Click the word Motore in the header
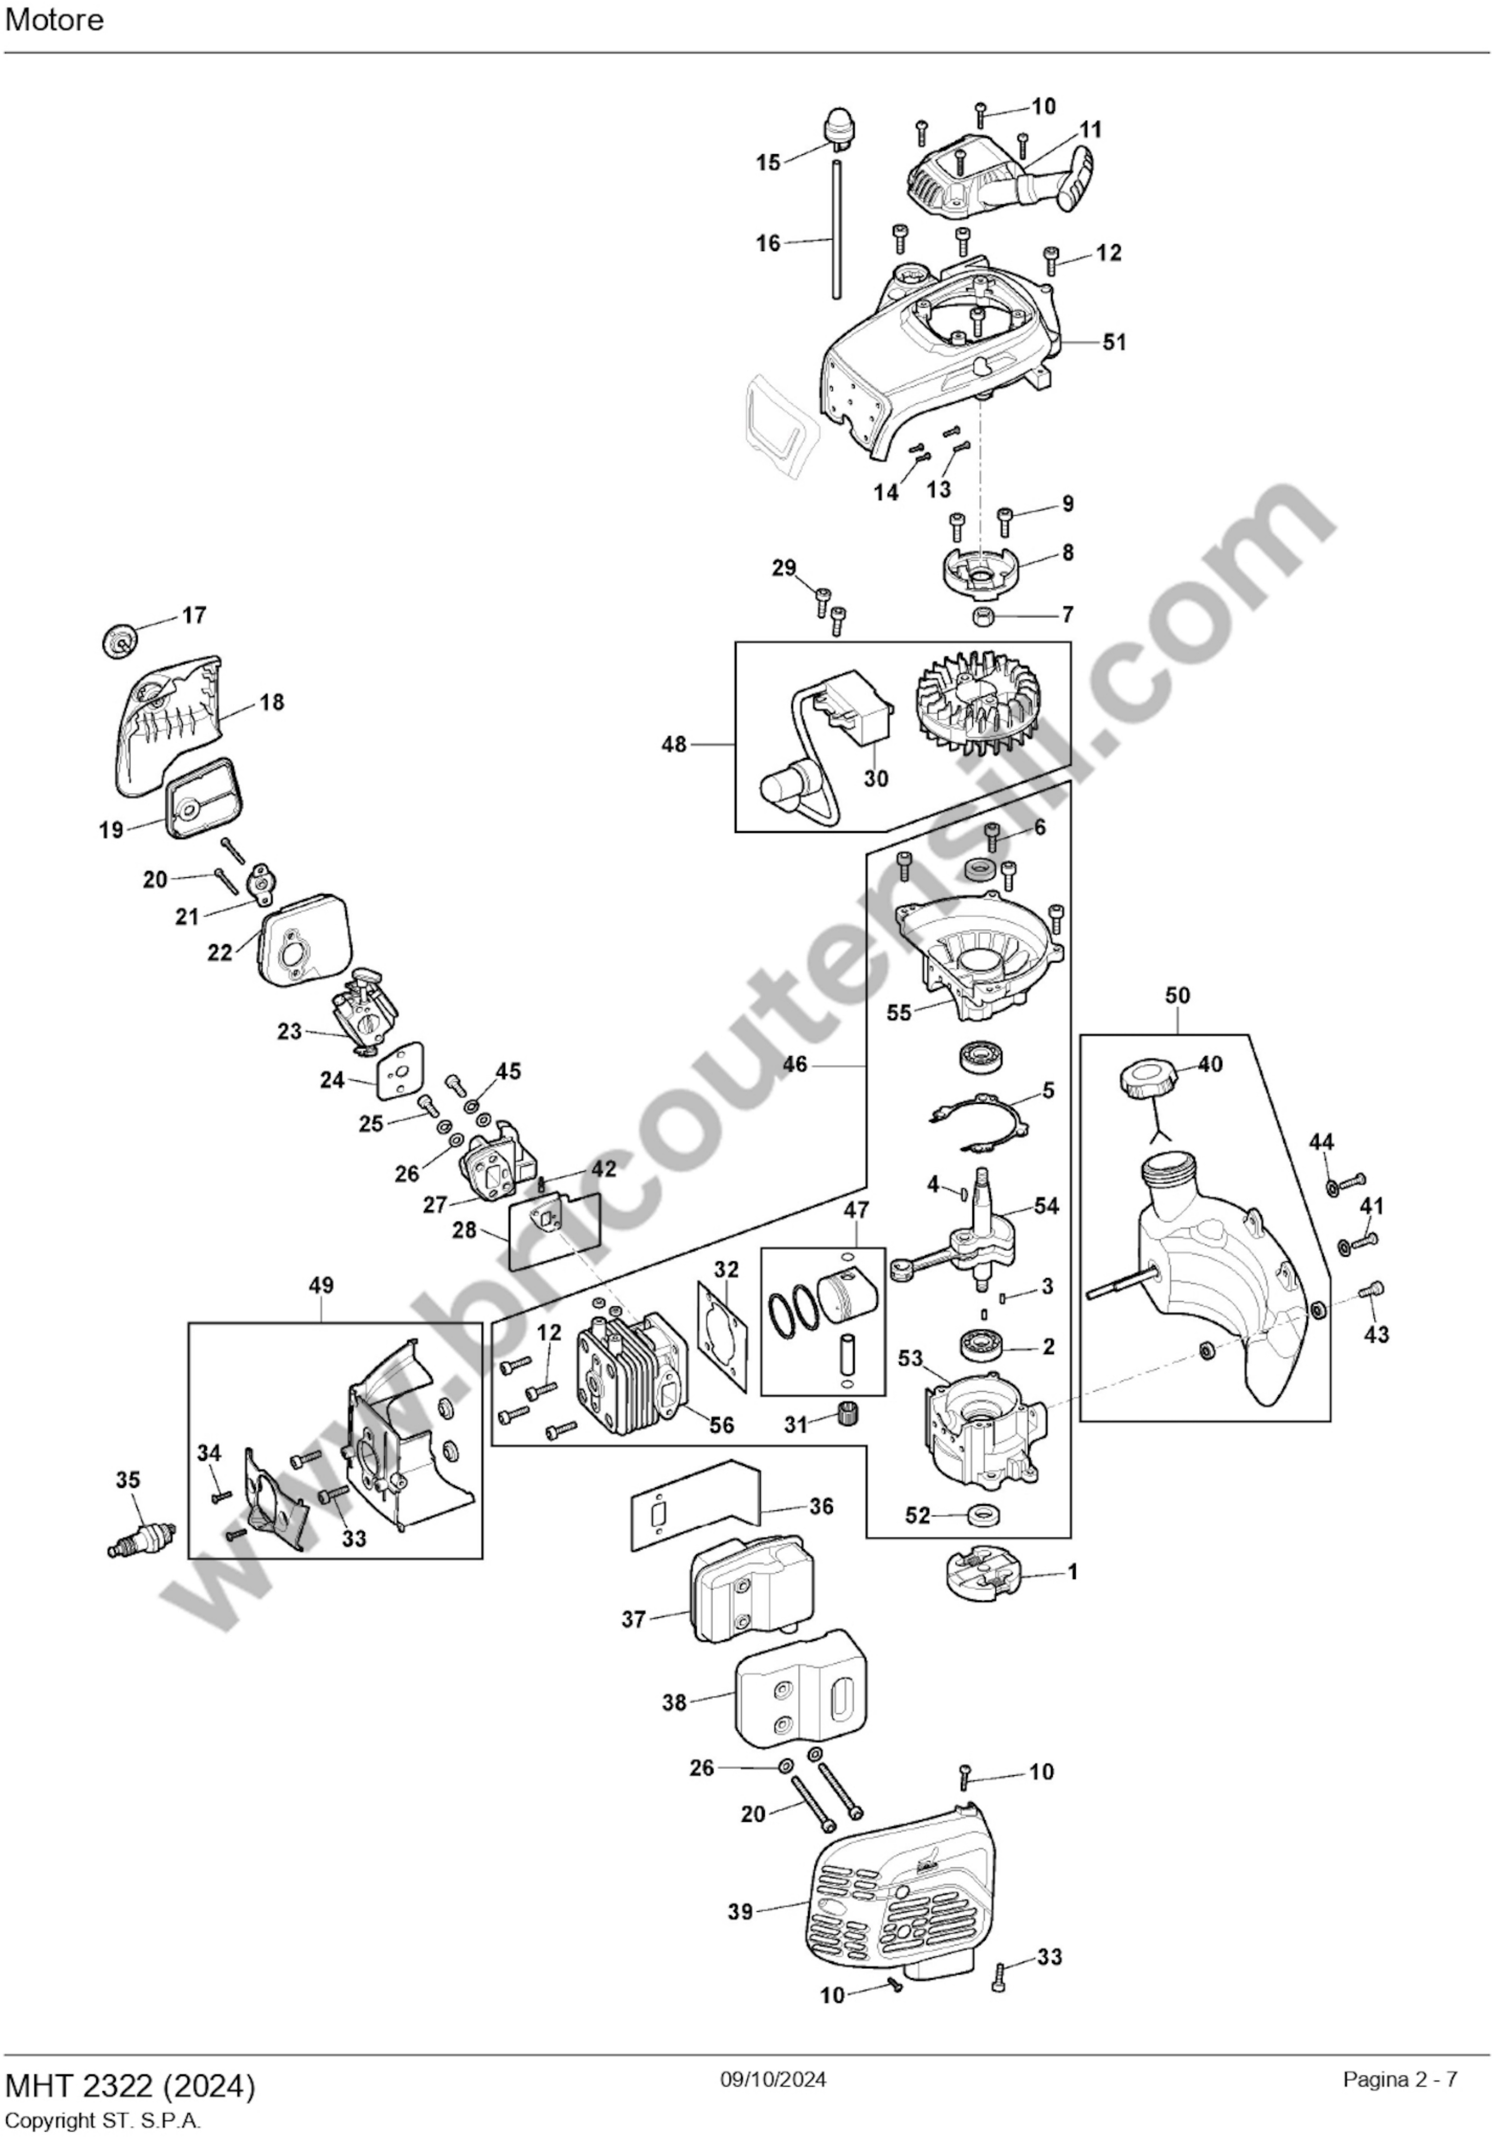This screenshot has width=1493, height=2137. coord(54,20)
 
